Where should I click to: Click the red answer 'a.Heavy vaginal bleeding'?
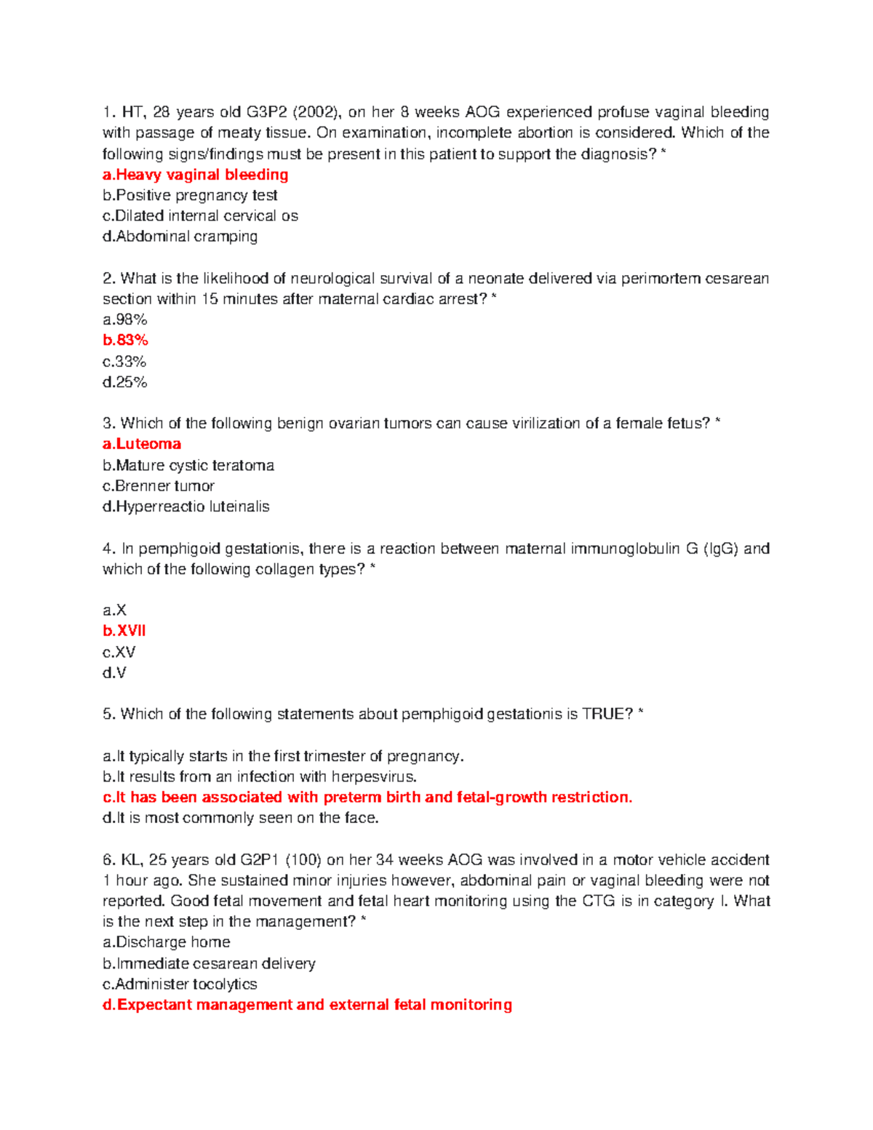pos(195,175)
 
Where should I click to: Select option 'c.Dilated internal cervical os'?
pos(200,216)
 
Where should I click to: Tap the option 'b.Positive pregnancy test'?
pos(190,195)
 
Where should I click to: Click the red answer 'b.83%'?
pos(125,340)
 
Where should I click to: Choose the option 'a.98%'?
pos(124,319)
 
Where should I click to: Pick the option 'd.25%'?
pos(124,382)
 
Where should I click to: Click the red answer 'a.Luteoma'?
pos(142,444)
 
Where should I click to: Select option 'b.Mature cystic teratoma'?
pos(188,465)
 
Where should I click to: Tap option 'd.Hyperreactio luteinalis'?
pos(186,506)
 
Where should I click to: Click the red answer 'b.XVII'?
pos(124,631)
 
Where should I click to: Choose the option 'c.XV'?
pos(119,652)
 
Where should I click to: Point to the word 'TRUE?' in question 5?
pos(607,714)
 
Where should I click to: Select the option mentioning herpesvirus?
pos(260,776)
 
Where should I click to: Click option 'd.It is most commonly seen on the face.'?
pos(241,818)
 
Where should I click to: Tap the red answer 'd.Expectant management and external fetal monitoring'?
pos(307,1005)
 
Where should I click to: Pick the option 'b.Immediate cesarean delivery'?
pos(209,963)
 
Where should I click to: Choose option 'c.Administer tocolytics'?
pos(180,984)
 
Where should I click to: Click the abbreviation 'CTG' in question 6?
pos(599,901)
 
